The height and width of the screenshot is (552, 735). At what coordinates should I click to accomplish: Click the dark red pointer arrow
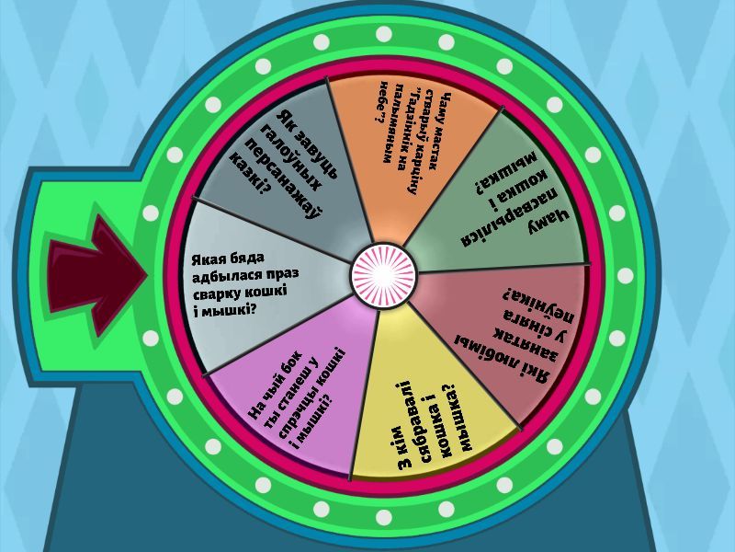97,276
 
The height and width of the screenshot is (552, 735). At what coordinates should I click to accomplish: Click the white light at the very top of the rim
383,34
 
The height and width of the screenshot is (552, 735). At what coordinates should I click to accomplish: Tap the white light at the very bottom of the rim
383,517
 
